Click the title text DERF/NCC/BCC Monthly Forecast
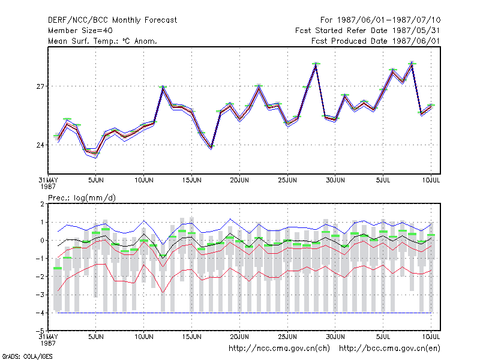click(112, 20)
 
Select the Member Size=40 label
click(80, 31)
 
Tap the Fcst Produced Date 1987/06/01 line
click(376, 41)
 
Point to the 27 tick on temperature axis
click(40, 86)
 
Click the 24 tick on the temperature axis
click(40, 145)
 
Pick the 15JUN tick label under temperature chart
click(191, 180)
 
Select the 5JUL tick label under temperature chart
click(383, 180)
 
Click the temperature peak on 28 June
click(316, 64)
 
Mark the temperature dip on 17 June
click(211, 148)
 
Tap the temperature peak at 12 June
click(163, 87)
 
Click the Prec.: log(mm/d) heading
click(82, 198)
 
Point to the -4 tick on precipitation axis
click(40, 313)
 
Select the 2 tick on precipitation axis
click(42, 204)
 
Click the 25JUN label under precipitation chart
click(287, 337)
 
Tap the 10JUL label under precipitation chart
click(431, 337)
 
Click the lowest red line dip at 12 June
click(163, 293)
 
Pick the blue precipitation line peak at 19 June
click(230, 219)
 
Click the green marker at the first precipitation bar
click(58, 268)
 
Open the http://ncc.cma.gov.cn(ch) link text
click(279, 349)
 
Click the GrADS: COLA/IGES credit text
click(27, 356)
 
